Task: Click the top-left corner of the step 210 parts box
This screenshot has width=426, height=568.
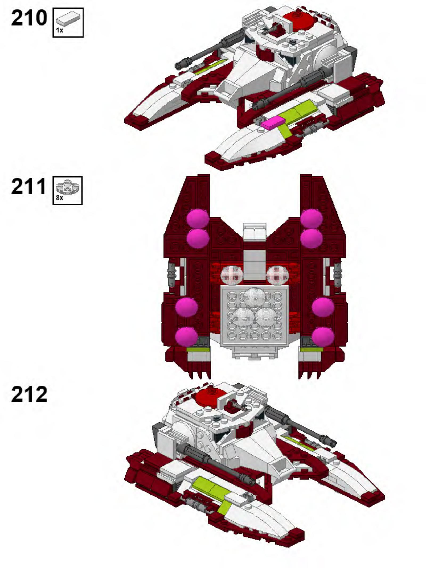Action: tap(53, 8)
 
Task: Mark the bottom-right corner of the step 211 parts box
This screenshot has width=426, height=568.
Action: tap(82, 204)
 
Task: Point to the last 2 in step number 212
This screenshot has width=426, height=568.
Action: tap(40, 394)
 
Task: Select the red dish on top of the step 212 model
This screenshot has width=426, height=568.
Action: tap(210, 396)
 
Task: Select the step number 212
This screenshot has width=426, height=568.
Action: tap(29, 394)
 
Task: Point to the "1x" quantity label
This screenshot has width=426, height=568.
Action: tap(60, 30)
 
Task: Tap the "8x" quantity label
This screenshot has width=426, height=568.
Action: tap(60, 198)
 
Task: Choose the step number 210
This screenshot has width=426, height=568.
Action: tap(29, 18)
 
